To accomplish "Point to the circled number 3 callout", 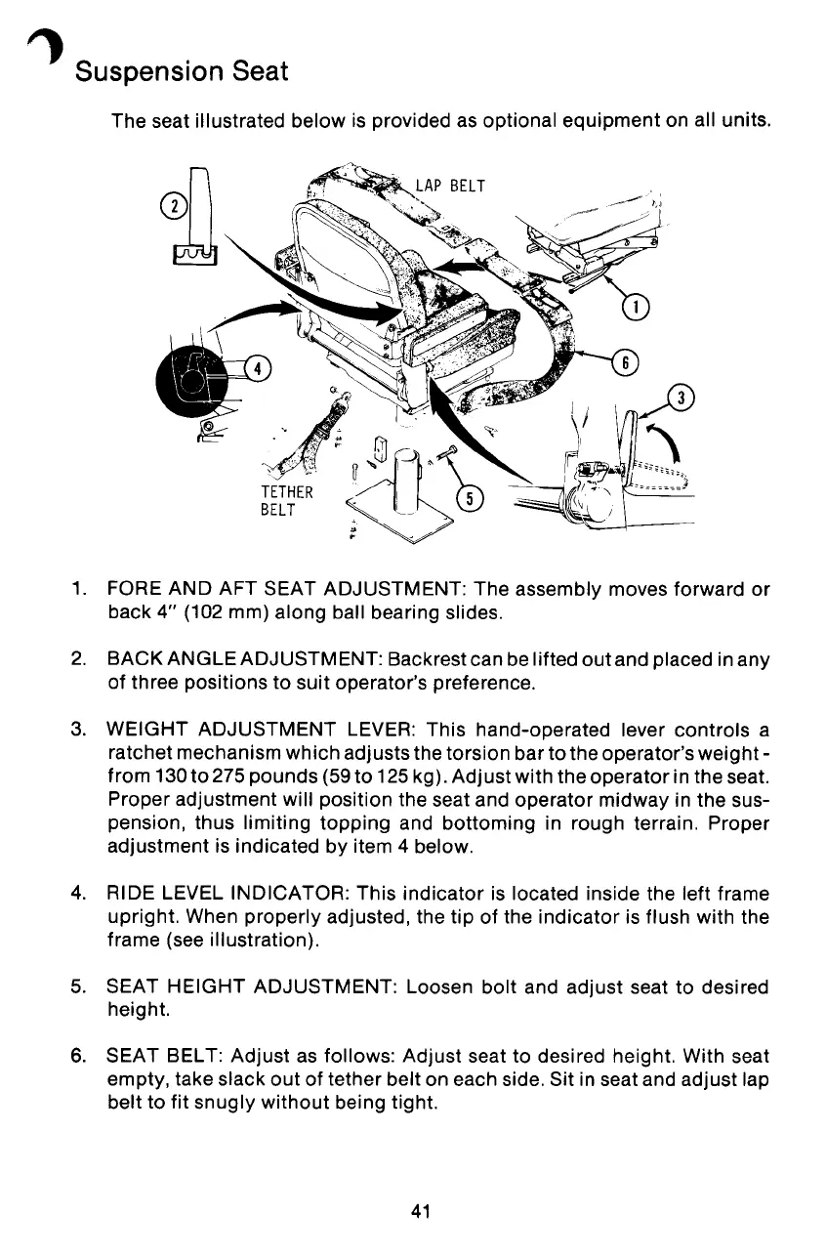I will (680, 398).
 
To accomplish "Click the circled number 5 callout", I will (471, 499).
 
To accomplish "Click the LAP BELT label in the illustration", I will (450, 186).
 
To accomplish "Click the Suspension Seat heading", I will (182, 71).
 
